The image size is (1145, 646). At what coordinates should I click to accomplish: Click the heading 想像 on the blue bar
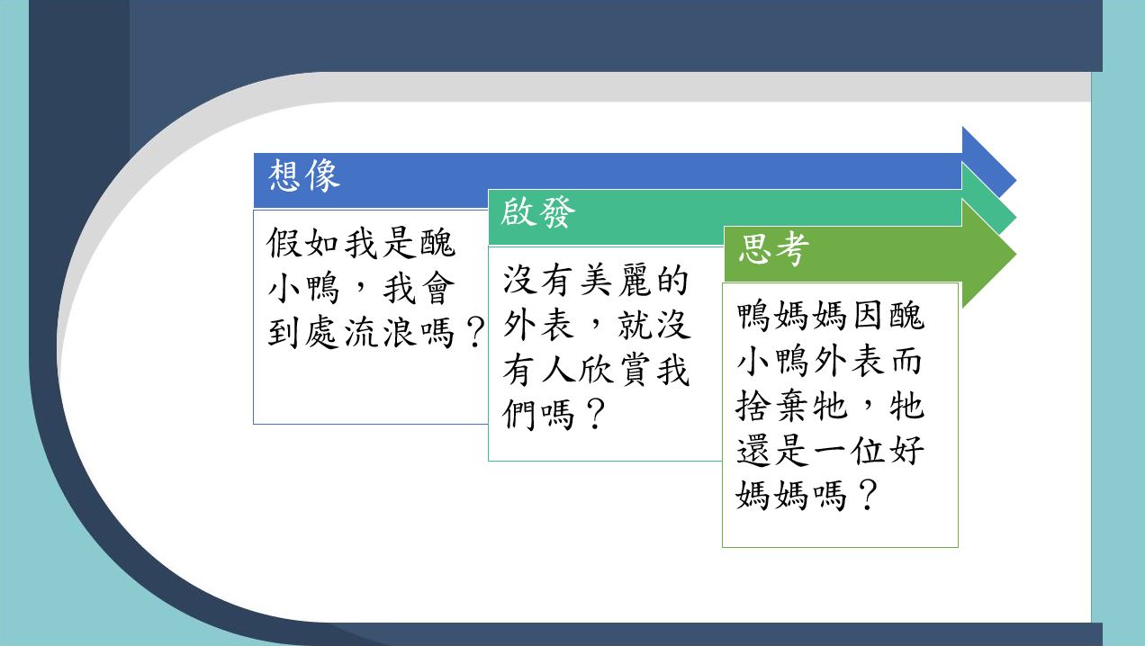304,175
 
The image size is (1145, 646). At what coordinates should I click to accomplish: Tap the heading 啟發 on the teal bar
537,211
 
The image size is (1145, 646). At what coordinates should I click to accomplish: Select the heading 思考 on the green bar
773,249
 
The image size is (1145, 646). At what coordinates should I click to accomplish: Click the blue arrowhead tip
1015,181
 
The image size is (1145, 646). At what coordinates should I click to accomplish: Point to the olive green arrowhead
988,254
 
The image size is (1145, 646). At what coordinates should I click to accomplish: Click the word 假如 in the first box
302,243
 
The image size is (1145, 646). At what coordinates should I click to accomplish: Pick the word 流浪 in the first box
379,333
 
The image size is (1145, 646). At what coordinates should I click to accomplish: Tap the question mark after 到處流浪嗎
475,333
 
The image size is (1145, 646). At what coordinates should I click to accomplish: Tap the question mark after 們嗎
596,414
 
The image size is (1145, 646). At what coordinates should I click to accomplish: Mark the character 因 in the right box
869,315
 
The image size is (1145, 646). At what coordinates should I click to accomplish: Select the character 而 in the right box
906,361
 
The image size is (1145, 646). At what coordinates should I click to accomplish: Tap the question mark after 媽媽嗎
869,495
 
